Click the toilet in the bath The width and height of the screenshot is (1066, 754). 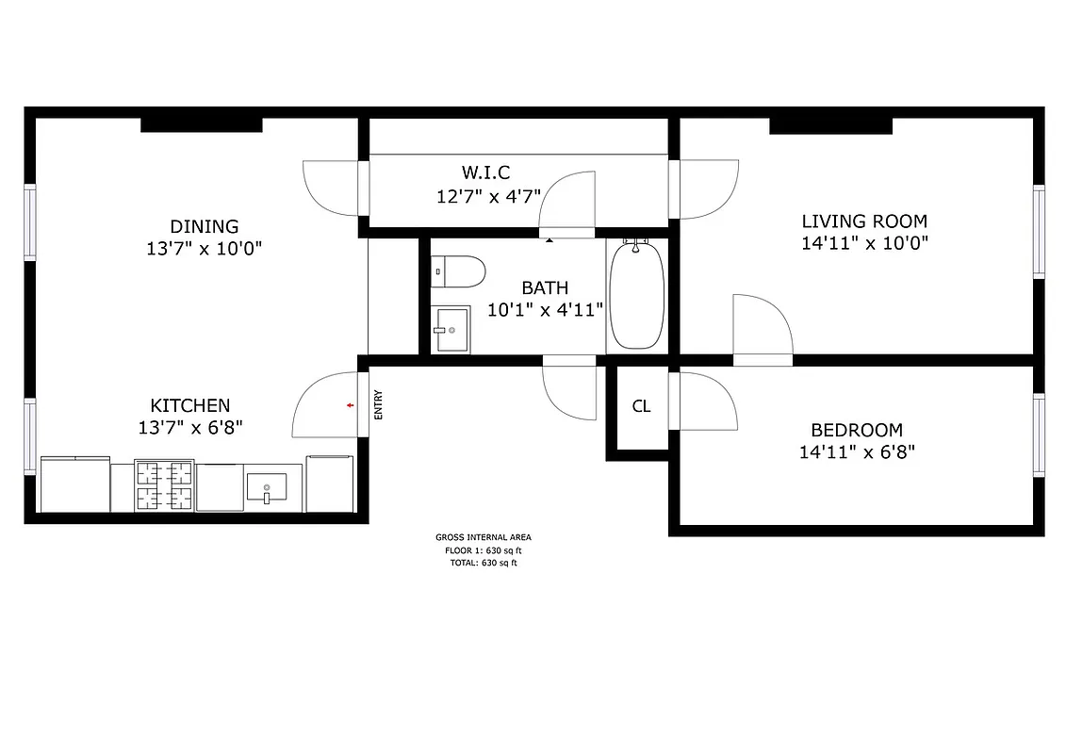(458, 272)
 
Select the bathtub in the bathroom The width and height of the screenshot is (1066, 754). (637, 295)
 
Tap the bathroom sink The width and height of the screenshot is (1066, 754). (451, 330)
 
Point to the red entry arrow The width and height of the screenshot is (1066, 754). (351, 405)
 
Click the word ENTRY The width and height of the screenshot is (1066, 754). (379, 405)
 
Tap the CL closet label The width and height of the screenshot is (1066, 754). (641, 406)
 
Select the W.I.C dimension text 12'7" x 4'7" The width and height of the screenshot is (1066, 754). (487, 196)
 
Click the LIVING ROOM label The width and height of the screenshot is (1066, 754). (864, 221)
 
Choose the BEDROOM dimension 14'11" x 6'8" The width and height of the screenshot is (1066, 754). (857, 451)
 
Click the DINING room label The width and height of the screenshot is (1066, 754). (204, 226)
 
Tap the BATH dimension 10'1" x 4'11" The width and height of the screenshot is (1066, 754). (546, 309)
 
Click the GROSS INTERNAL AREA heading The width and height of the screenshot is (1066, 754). (483, 537)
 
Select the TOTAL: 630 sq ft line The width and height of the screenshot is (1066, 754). (483, 563)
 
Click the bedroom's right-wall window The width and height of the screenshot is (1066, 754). (1039, 434)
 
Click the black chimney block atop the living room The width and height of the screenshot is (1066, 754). (830, 126)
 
